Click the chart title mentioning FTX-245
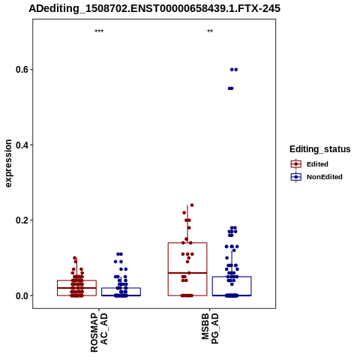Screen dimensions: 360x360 [154, 8]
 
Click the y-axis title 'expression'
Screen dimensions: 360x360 [8, 163]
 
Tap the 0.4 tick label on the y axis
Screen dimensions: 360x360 [22, 145]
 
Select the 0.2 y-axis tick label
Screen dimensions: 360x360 [22, 220]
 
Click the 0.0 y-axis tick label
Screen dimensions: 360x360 [22, 295]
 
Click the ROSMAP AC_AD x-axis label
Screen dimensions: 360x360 [99, 332]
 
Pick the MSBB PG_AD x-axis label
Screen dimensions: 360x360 [210, 328]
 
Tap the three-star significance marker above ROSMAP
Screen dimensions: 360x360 [99, 31]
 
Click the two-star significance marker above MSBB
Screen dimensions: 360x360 [210, 31]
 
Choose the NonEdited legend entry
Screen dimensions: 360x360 [316, 177]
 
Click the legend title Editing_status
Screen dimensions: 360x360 [320, 149]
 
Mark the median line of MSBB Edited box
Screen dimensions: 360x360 [187, 273]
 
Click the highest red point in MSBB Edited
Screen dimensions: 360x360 [192, 205]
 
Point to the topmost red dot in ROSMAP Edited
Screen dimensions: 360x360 [75, 258]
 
